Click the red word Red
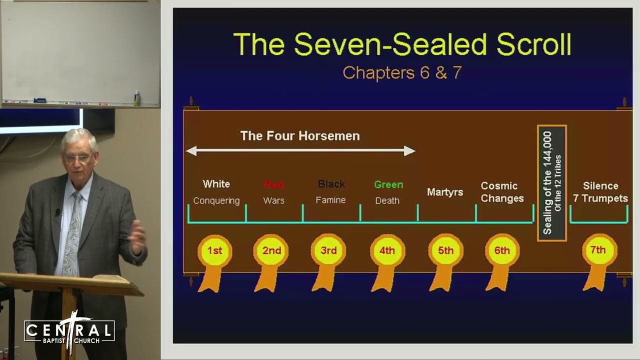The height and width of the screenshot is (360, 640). [274, 184]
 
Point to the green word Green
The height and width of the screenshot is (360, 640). [388, 184]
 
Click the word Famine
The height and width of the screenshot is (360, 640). [330, 200]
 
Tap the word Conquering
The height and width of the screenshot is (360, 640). [216, 200]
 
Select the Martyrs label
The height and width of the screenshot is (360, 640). [445, 192]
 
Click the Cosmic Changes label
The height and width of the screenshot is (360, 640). [502, 192]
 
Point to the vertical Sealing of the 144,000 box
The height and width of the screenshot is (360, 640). [551, 183]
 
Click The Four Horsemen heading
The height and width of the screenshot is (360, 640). [300, 136]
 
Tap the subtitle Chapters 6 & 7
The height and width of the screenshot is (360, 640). [402, 73]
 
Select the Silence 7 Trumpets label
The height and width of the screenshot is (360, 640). [600, 192]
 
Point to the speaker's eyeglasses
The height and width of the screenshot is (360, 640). [78, 158]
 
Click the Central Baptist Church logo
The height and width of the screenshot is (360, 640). [69, 331]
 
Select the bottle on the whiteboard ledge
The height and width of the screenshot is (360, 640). [137, 98]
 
